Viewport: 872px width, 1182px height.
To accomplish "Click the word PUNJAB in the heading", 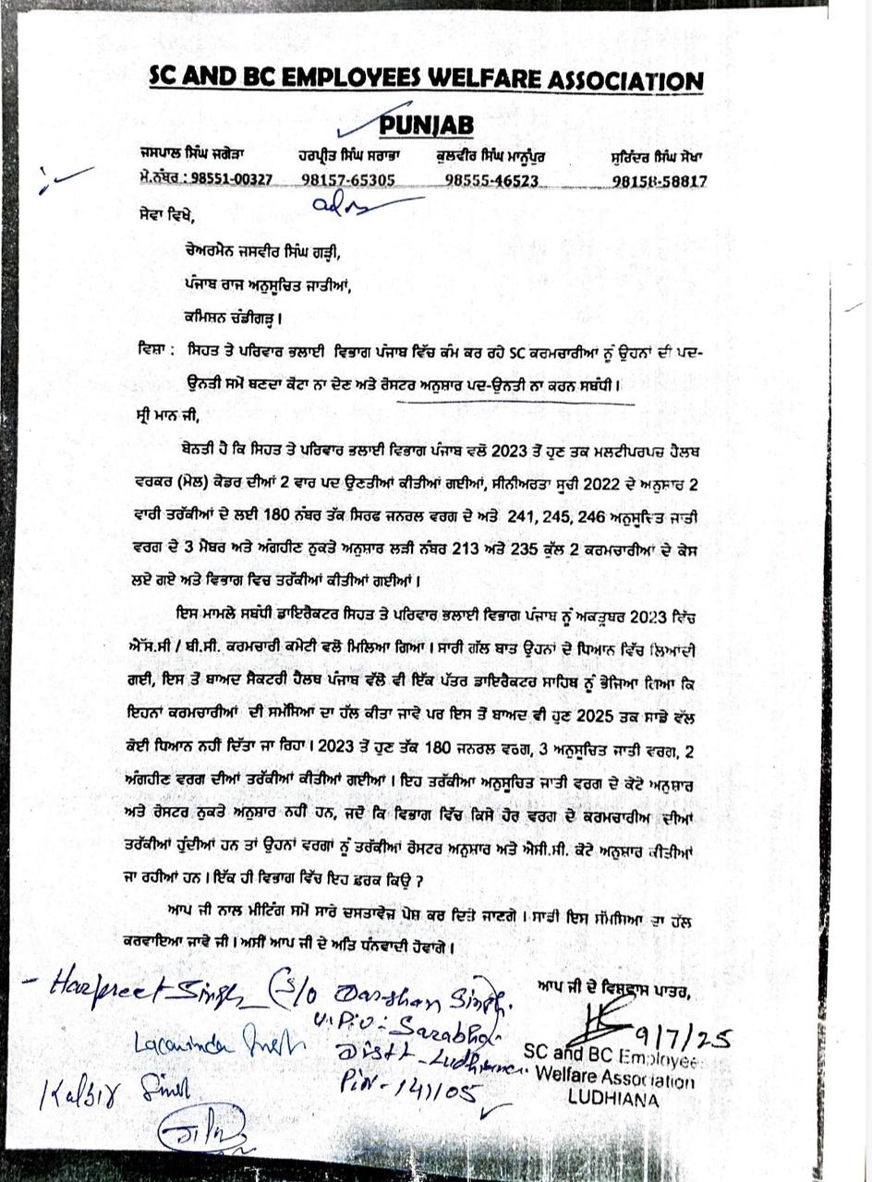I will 427,125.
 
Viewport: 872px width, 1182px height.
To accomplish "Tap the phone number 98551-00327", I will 224,179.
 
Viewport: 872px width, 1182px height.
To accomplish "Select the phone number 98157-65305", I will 348,180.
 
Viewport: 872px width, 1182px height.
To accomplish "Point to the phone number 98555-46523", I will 490,180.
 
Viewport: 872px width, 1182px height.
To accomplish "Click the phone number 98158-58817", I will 659,181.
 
